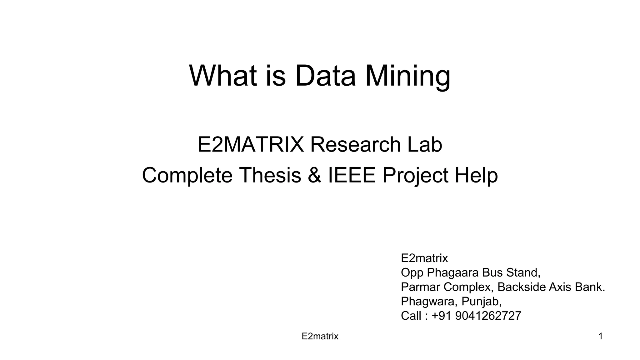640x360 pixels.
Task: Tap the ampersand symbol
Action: (314, 175)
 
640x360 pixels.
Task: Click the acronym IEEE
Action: (351, 175)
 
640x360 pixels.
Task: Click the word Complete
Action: (187, 176)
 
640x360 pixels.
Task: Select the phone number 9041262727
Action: (488, 316)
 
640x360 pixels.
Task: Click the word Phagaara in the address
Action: (453, 273)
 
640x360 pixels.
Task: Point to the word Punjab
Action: (481, 302)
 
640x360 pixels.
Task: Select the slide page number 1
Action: (600, 337)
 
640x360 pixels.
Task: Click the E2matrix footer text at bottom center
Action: (320, 337)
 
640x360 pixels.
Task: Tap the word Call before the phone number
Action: (411, 316)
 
